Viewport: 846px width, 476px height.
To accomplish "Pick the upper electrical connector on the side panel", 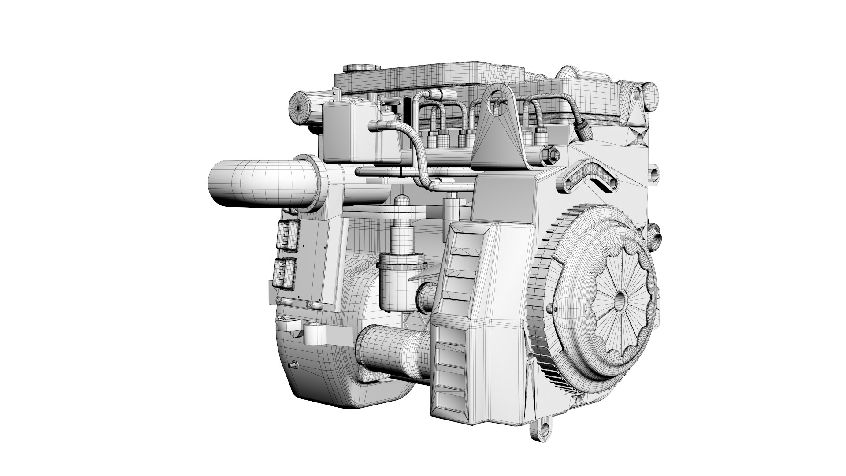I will (289, 236).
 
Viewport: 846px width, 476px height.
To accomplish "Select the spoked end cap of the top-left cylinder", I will (300, 108).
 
